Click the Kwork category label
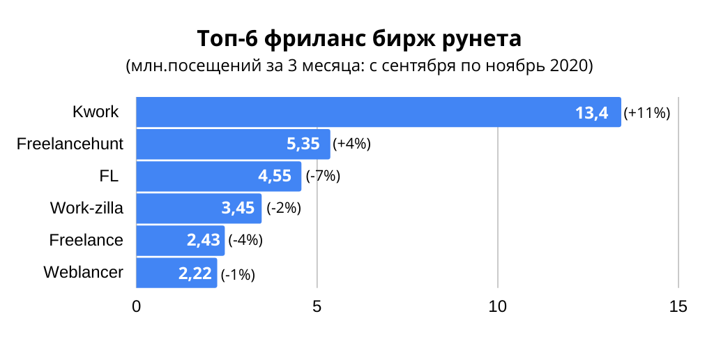click(96, 112)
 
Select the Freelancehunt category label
click(70, 144)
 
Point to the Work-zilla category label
click(86, 208)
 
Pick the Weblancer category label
click(83, 272)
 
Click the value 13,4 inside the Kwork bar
click(592, 112)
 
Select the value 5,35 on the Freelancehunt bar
click(303, 144)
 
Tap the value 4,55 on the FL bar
click(275, 176)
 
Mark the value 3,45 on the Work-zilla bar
click(238, 208)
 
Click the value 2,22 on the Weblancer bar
click(195, 273)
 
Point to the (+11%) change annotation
click(647, 113)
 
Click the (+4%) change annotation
click(351, 144)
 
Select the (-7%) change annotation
click(323, 176)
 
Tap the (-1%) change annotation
click(238, 275)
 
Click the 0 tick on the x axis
click(136, 307)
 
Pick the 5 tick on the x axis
click(317, 307)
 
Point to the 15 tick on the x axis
click(678, 307)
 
